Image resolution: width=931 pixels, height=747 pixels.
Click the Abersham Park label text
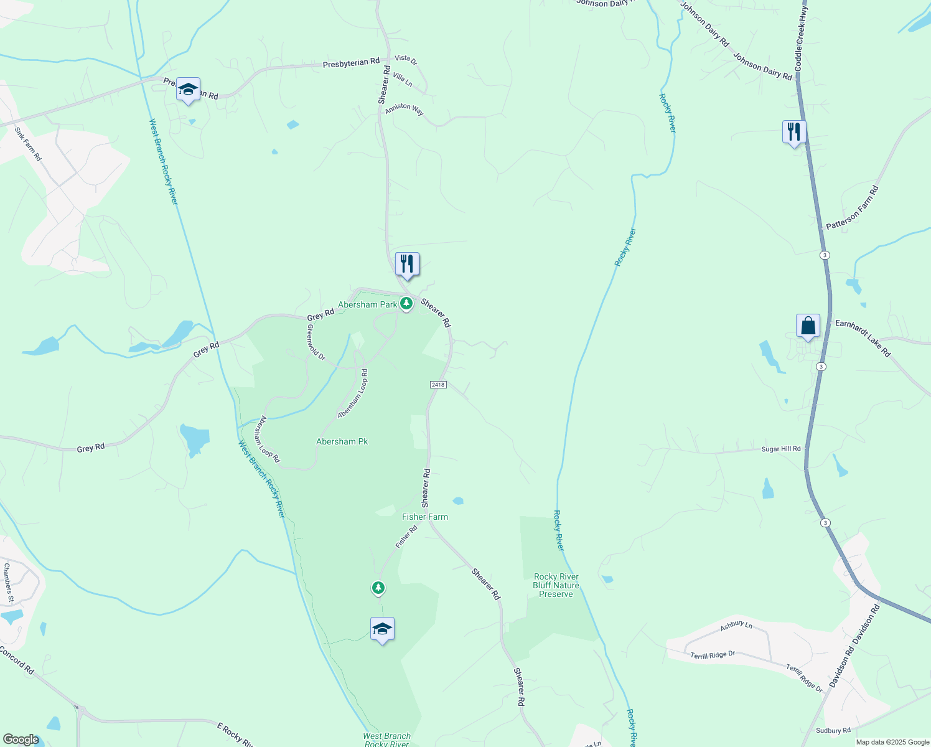tap(367, 304)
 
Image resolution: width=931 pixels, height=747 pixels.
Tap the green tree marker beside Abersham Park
tap(406, 304)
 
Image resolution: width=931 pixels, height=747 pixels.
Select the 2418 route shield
tap(437, 385)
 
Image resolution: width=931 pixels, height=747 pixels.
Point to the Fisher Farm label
tap(425, 517)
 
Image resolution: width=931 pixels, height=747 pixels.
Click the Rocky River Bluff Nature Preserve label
tap(556, 585)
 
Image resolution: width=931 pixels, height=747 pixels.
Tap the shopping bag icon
tap(808, 326)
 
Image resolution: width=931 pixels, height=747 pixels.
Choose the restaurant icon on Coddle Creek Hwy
tap(793, 132)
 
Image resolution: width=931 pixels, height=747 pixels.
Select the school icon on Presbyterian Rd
tap(188, 90)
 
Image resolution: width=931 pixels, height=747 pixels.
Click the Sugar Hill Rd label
tap(781, 449)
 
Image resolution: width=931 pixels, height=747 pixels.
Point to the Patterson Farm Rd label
tap(852, 208)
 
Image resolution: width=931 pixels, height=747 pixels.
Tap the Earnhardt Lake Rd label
tap(863, 338)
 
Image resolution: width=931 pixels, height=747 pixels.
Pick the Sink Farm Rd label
tap(28, 144)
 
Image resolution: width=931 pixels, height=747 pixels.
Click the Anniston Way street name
tap(404, 110)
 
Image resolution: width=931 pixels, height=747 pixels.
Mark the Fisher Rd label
tap(406, 537)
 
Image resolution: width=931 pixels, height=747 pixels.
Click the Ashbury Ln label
tap(736, 626)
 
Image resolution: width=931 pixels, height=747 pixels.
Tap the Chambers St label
tap(9, 583)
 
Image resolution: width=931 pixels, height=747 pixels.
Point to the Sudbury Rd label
tap(833, 731)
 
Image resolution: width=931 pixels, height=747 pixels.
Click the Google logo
tap(21, 740)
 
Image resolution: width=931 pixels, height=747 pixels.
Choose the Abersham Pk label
tap(342, 441)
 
